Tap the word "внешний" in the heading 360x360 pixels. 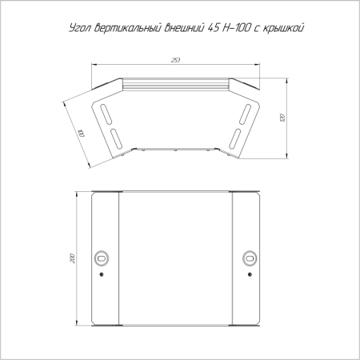[x=184, y=28]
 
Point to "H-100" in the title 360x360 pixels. [x=236, y=28]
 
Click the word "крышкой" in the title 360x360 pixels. [x=283, y=28]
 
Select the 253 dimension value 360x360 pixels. [x=175, y=60]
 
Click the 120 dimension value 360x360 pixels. [x=282, y=118]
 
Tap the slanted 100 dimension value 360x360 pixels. [x=81, y=133]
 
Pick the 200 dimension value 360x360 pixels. [x=72, y=258]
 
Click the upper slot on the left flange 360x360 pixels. [x=106, y=114]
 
